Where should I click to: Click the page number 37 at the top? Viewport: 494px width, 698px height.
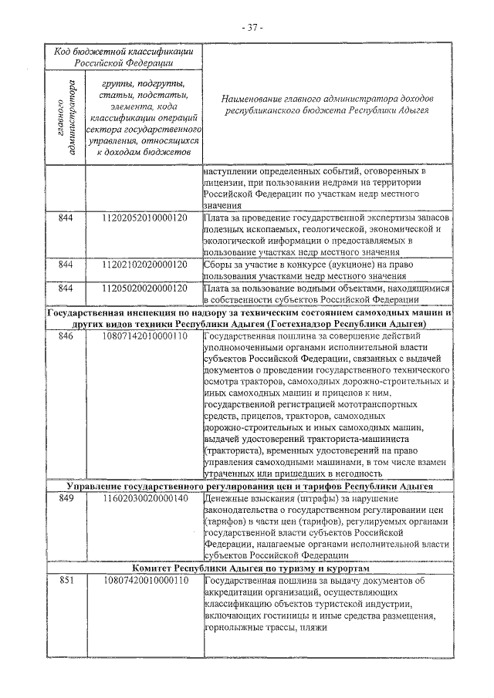tap(252, 27)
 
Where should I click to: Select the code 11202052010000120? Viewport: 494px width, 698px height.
tap(144, 218)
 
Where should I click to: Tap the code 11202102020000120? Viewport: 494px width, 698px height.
tap(144, 265)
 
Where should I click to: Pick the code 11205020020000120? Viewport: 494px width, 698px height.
tap(144, 288)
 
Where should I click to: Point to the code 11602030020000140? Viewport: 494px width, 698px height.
tap(144, 499)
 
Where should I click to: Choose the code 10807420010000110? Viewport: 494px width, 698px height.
tap(144, 581)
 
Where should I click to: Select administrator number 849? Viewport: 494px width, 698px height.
tap(66, 499)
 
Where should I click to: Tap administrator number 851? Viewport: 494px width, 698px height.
tap(66, 581)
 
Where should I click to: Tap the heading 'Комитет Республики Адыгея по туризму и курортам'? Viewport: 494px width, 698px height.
tap(249, 568)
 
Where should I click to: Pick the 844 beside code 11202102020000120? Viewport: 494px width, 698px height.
tap(66, 265)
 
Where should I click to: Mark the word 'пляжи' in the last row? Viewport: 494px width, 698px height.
tap(315, 627)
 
